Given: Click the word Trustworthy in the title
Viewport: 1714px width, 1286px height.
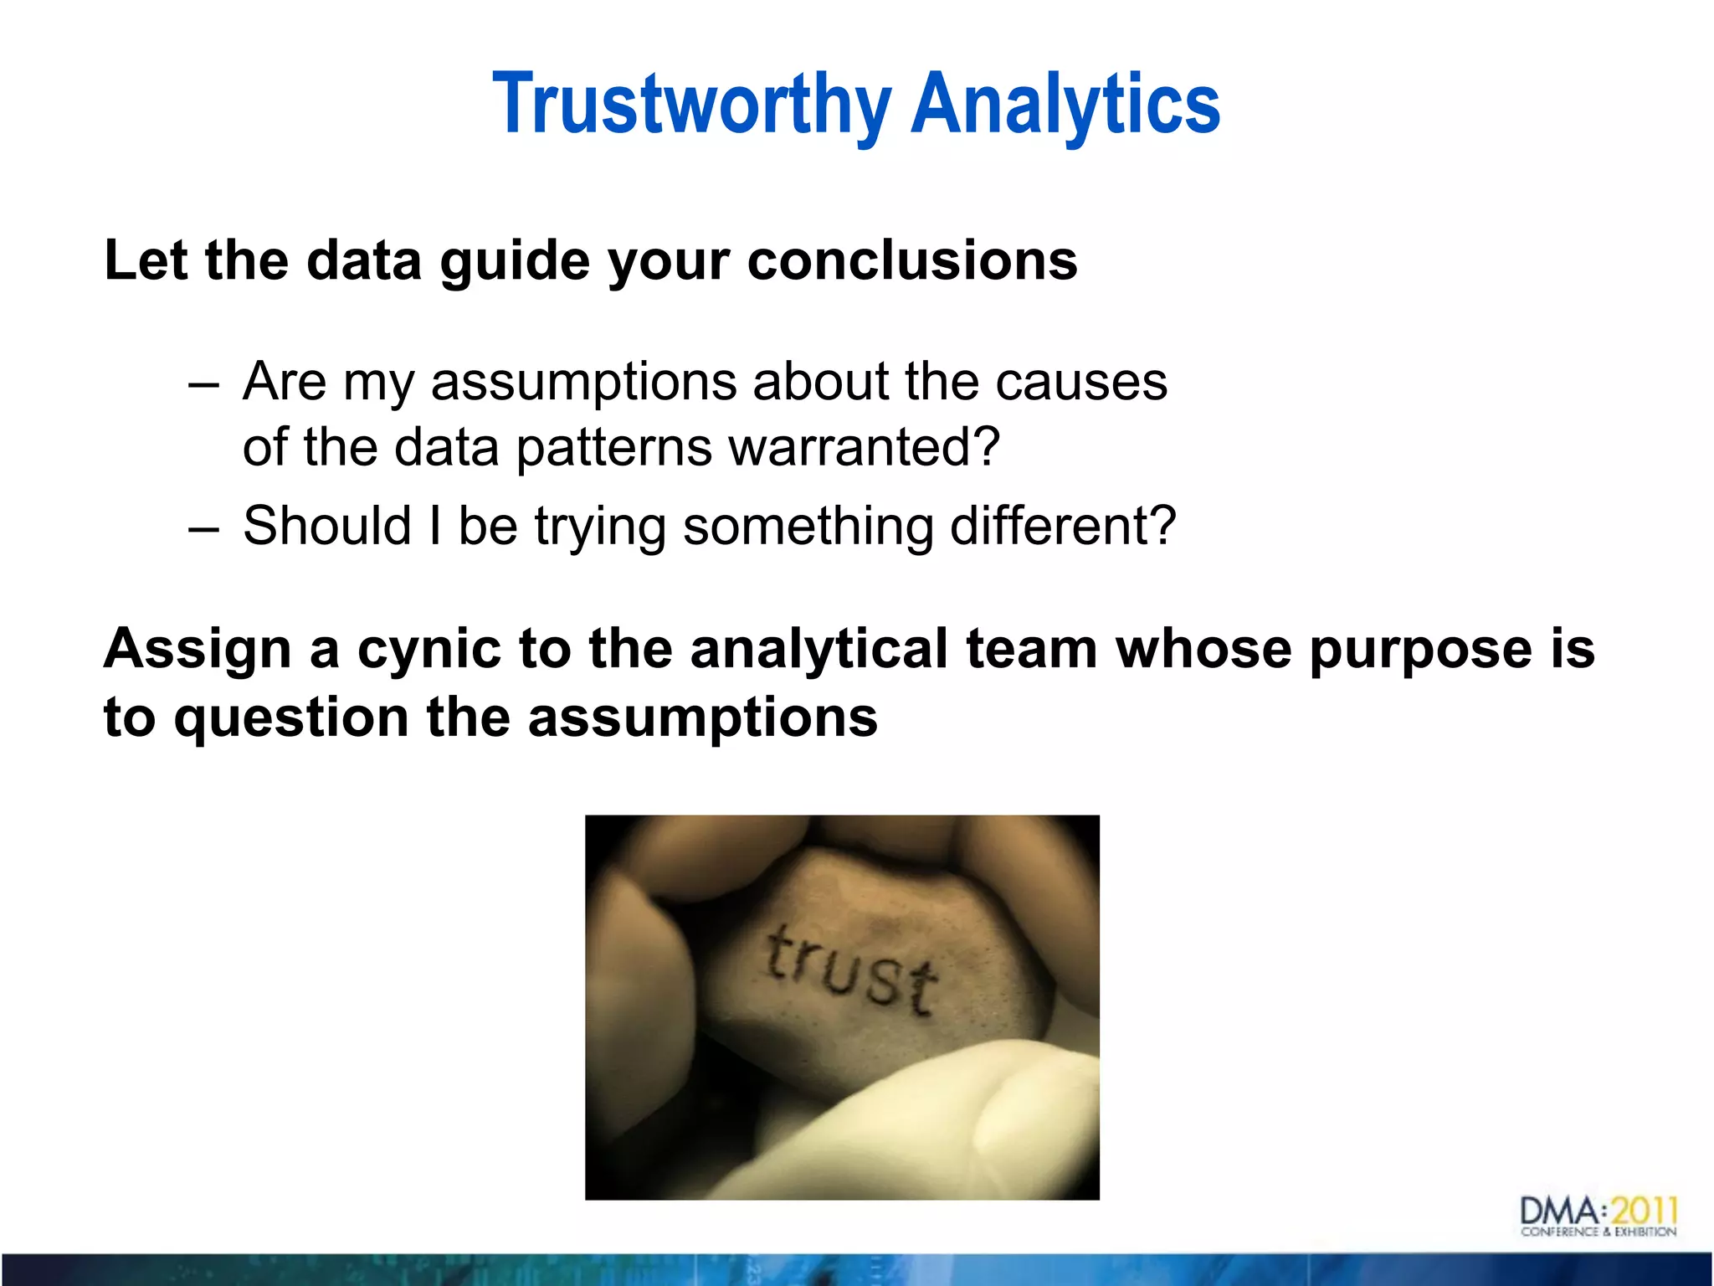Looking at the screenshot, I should (691, 105).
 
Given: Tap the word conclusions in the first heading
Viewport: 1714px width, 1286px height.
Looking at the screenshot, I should (911, 260).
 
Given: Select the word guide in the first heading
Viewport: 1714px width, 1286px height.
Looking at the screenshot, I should (516, 262).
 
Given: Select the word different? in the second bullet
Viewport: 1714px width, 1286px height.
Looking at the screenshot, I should (1063, 526).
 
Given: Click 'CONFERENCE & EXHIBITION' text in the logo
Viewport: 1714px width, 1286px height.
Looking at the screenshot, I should (1598, 1232).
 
